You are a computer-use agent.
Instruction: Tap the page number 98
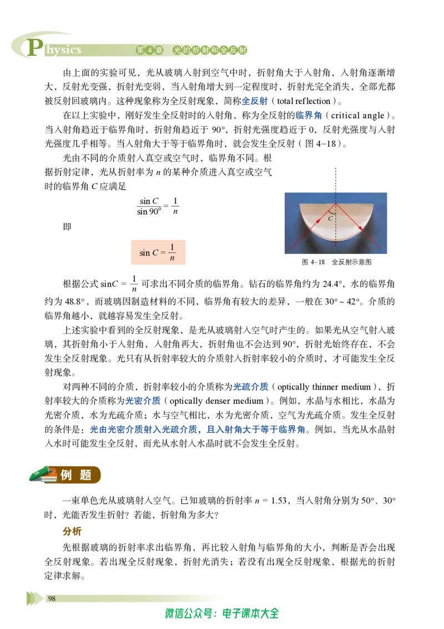pyautogui.click(x=52, y=598)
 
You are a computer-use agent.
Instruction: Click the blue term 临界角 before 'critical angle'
pyautogui.click(x=309, y=116)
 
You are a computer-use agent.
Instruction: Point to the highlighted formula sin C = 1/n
pyautogui.click(x=158, y=252)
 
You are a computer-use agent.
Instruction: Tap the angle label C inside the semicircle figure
pyautogui.click(x=330, y=218)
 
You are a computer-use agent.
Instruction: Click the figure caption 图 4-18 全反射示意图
pyautogui.click(x=336, y=262)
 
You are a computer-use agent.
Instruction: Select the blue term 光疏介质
pyautogui.click(x=250, y=387)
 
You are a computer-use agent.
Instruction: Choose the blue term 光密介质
pyautogui.click(x=143, y=401)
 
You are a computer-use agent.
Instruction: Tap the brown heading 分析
pyautogui.click(x=72, y=531)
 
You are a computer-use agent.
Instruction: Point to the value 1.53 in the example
pyautogui.click(x=279, y=500)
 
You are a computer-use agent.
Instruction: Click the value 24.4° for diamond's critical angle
pyautogui.click(x=334, y=284)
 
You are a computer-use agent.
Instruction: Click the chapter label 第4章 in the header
pyautogui.click(x=150, y=50)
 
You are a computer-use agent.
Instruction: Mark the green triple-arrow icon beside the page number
pyautogui.click(x=35, y=598)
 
